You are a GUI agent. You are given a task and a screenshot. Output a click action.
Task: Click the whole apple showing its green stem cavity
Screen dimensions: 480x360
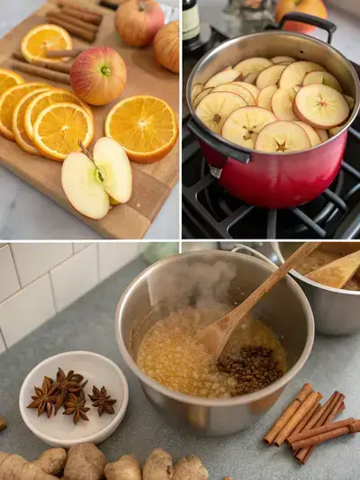pos(98,75)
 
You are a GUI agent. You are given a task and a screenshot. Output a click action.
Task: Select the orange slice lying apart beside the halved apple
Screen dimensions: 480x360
pos(141,127)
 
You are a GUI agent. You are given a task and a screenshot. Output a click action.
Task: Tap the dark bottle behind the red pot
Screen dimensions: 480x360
pos(192,22)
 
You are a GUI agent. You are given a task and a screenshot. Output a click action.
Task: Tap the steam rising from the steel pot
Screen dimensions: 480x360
pos(184,279)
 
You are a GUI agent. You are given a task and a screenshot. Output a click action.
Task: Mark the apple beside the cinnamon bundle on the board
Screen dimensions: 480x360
pos(139,22)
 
